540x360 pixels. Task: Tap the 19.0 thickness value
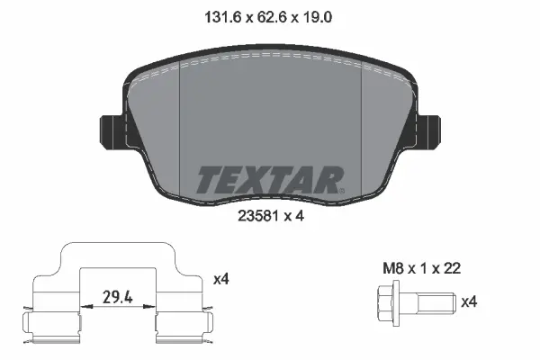320,15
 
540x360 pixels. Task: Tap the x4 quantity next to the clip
221,279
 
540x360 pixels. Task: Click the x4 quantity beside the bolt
469,302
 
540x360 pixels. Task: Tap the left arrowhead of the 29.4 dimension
85,306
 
